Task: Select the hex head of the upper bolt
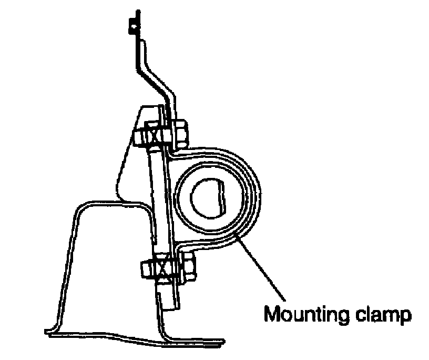179,133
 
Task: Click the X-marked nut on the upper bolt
154,136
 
